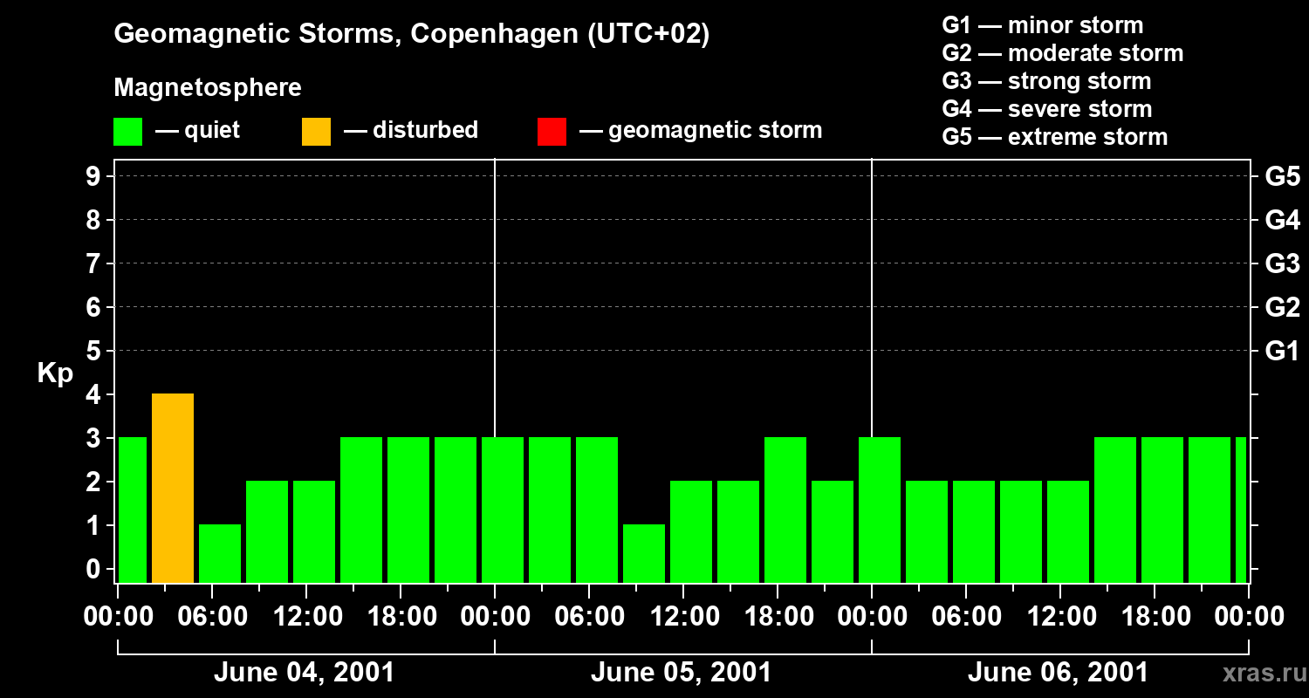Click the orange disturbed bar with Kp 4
point(173,488)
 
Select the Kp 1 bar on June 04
point(220,553)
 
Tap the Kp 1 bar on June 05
point(644,553)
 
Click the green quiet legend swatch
point(128,131)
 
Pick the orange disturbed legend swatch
point(316,131)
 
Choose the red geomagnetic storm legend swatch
point(552,131)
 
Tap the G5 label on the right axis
point(1282,176)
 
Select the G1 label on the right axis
point(1282,351)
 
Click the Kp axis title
point(55,373)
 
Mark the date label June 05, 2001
point(681,673)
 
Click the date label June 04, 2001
point(304,673)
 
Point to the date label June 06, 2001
point(1058,673)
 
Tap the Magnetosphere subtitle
point(208,88)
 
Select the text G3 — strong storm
point(1046,81)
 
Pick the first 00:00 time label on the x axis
point(118,617)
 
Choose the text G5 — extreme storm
point(1054,137)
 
